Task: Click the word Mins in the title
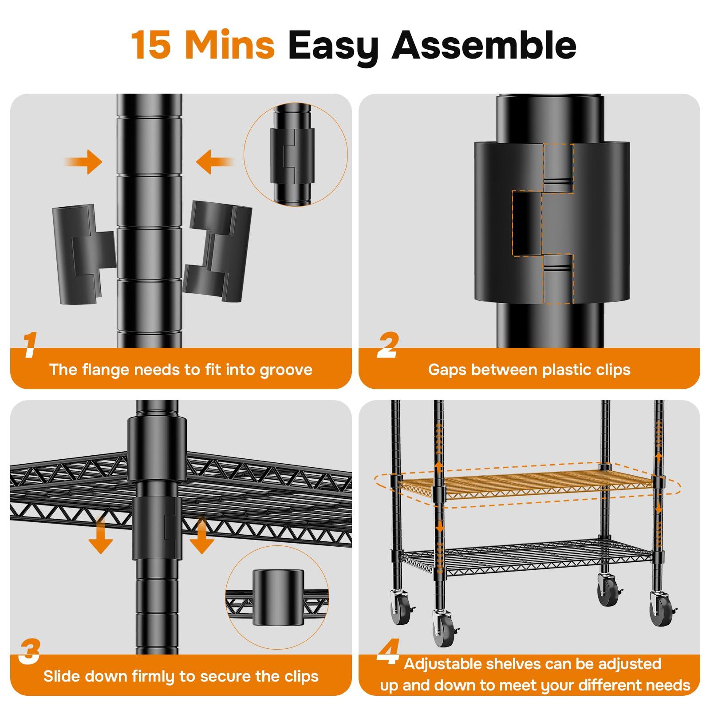click(x=230, y=45)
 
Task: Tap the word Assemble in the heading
click(x=484, y=45)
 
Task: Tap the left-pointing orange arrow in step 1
click(x=216, y=162)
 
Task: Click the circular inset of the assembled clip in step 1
click(x=296, y=154)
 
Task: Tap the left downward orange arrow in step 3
click(x=101, y=536)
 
